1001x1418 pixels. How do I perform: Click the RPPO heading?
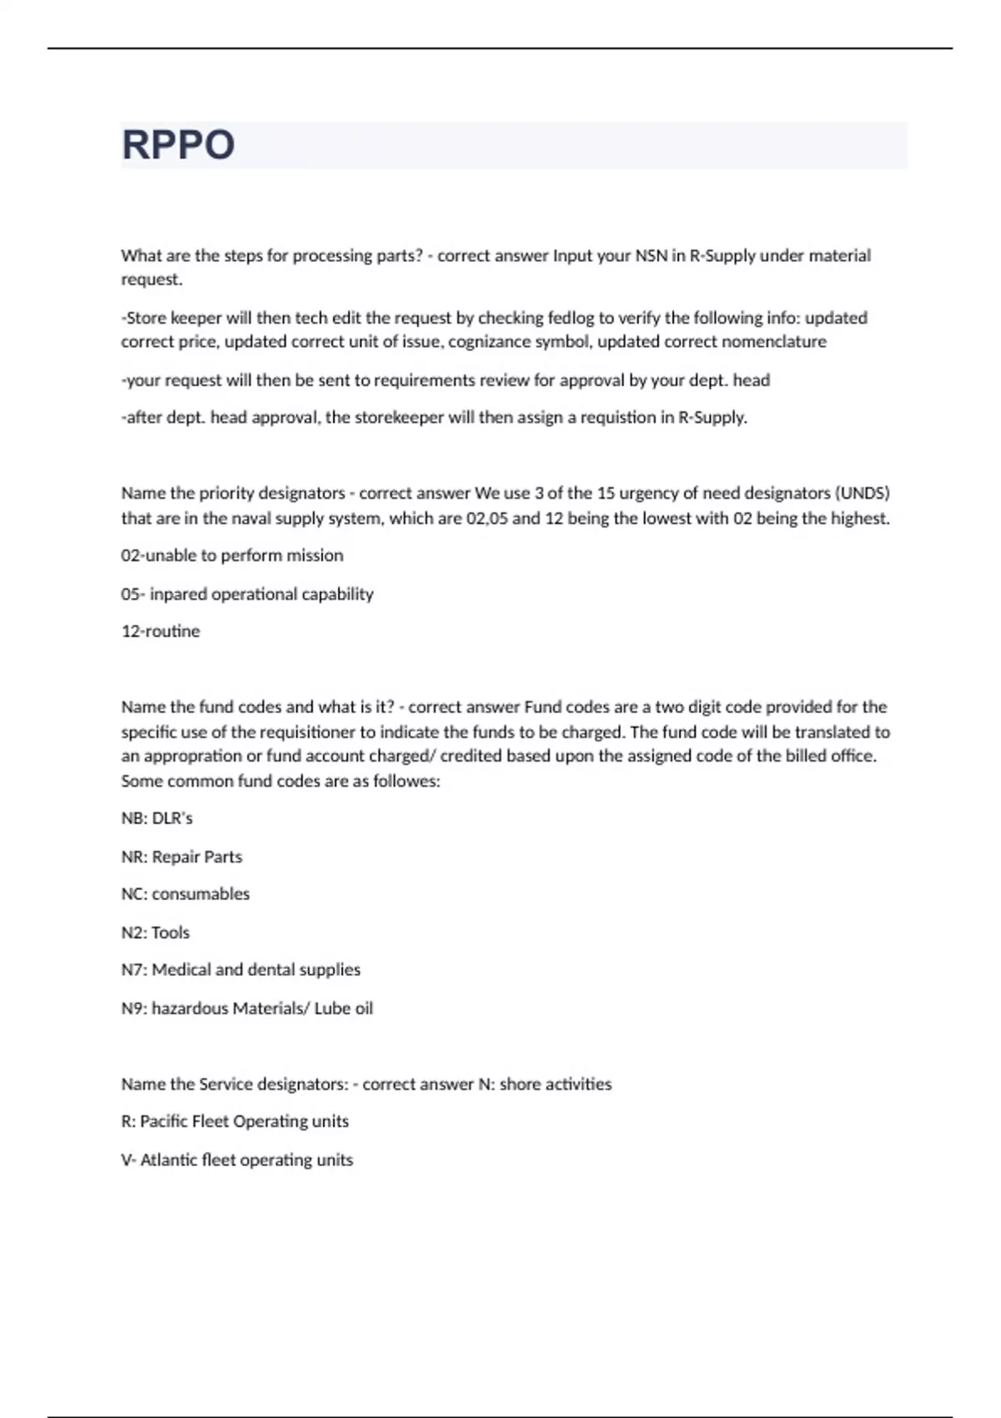point(178,145)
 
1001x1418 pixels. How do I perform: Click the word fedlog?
point(571,318)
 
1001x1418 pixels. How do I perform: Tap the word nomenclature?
point(774,342)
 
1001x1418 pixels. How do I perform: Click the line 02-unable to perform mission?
point(232,556)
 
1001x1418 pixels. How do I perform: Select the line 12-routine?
point(160,631)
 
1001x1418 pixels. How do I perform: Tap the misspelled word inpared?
point(178,594)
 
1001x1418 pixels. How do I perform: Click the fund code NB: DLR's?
point(157,818)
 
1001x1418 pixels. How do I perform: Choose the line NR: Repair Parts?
point(181,857)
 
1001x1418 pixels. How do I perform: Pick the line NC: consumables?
point(185,894)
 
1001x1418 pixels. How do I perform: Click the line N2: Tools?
point(155,933)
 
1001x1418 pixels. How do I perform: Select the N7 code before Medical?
point(133,970)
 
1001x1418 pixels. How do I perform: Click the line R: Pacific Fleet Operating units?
point(234,1121)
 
